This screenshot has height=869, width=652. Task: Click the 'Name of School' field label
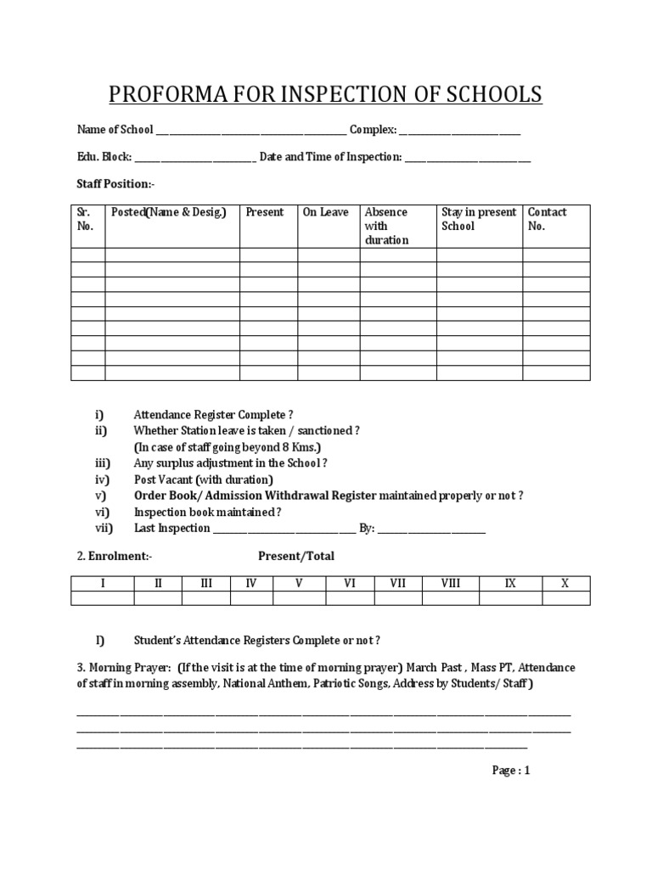115,130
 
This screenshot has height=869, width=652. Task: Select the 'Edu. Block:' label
104,157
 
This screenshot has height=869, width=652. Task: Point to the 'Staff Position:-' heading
115,184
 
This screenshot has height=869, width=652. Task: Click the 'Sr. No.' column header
86,219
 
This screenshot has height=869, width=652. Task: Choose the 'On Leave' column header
325,212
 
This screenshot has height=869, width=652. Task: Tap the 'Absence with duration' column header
386,226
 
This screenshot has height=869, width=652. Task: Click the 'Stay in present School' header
479,219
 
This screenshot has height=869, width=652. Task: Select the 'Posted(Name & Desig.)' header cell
169,212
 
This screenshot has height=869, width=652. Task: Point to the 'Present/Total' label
296,557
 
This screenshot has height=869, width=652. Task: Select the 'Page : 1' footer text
511,771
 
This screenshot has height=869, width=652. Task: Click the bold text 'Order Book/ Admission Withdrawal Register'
255,496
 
